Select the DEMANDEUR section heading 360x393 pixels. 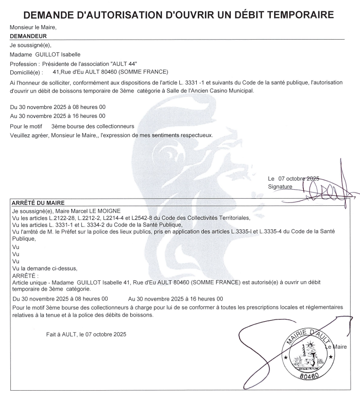click(x=28, y=35)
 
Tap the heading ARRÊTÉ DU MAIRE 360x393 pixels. click(x=37, y=203)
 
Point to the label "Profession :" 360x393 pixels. click(x=25, y=64)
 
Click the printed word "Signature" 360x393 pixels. click(x=280, y=187)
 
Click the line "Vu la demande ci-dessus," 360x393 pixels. click(x=44, y=268)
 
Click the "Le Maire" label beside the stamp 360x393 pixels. click(x=336, y=347)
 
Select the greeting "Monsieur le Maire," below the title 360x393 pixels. click(x=33, y=27)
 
